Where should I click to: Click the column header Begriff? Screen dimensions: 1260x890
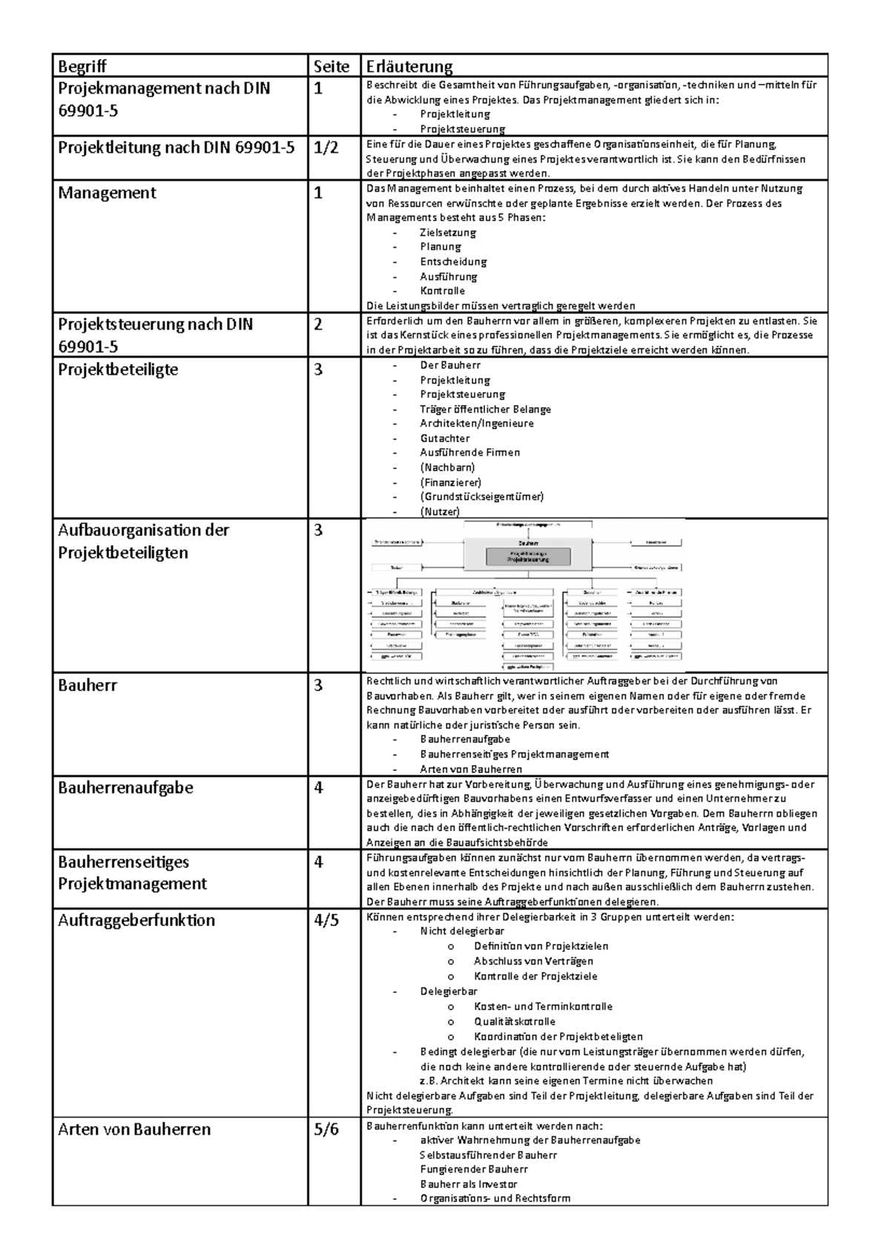click(x=82, y=67)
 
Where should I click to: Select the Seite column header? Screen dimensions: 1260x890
click(x=331, y=67)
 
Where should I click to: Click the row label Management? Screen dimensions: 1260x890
click(x=107, y=193)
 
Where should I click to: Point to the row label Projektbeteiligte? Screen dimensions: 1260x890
click(x=118, y=370)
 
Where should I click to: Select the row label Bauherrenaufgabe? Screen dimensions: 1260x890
click(x=125, y=787)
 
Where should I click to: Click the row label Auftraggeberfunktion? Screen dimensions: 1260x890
click(x=136, y=920)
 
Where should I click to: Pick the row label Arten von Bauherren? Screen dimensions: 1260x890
click(x=134, y=1129)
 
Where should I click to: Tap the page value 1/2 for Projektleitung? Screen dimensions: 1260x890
click(x=326, y=148)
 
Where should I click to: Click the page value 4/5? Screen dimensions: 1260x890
click(x=326, y=920)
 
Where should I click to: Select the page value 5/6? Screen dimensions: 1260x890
click(x=326, y=1129)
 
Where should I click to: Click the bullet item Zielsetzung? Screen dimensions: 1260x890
click(x=448, y=232)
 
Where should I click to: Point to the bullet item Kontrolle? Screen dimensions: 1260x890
click(x=442, y=291)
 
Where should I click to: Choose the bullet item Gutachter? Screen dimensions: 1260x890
click(x=445, y=438)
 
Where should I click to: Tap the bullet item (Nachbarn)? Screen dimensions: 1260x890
click(x=447, y=467)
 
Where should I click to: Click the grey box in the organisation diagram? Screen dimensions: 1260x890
click(x=528, y=557)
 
